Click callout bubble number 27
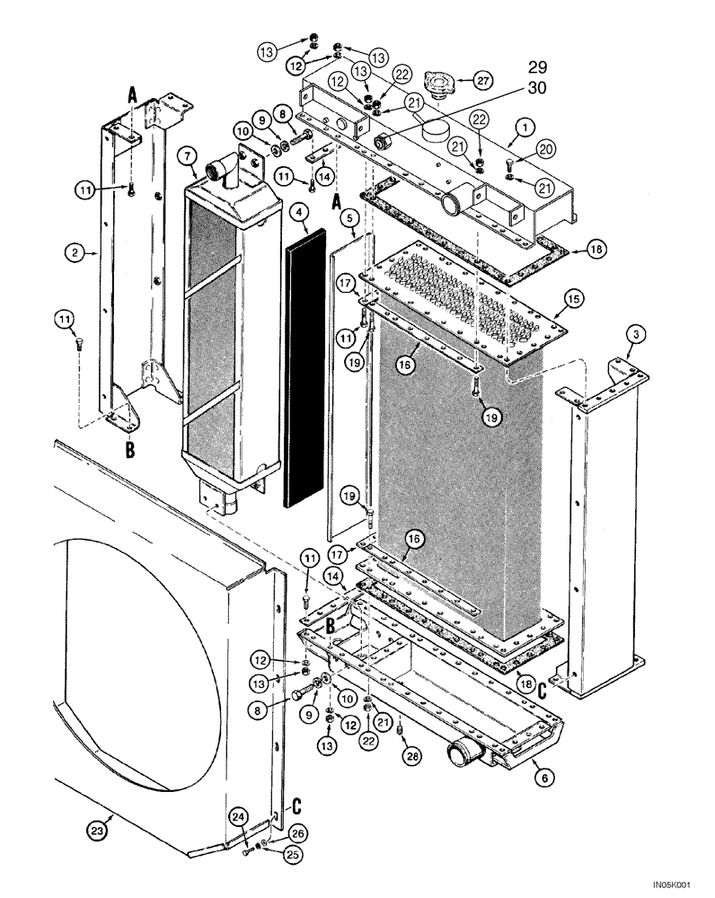pyautogui.click(x=484, y=81)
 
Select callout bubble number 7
pyautogui.click(x=188, y=157)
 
